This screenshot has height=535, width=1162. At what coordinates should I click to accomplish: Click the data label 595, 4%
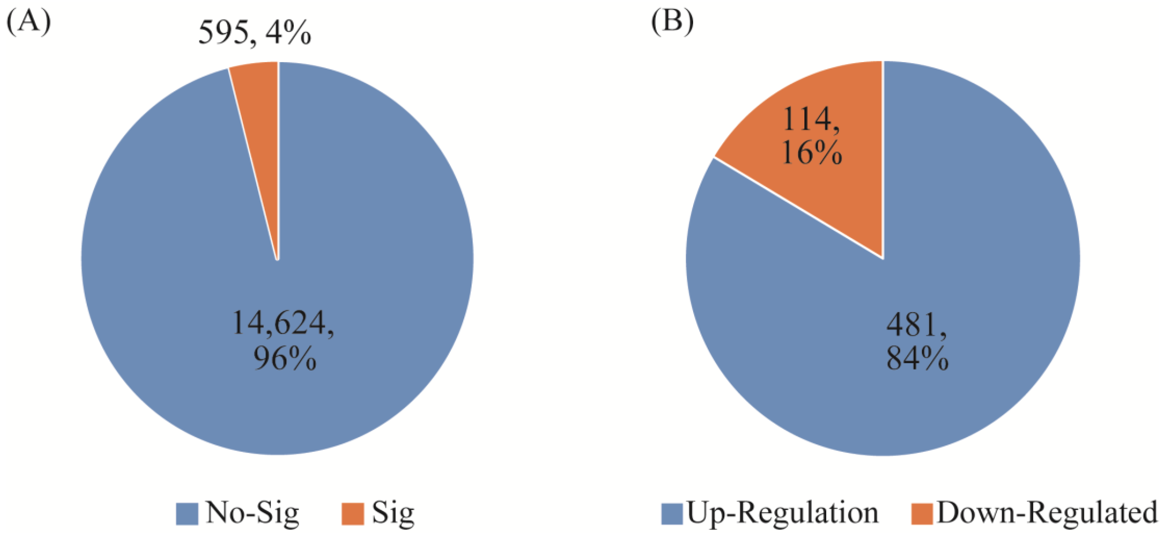click(255, 33)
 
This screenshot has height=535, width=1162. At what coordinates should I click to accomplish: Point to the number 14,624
click(283, 323)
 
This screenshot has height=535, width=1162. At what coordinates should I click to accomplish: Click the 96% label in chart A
click(285, 359)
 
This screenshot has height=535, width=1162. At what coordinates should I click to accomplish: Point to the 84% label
click(917, 359)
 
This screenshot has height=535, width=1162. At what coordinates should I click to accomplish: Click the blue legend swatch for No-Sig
click(187, 514)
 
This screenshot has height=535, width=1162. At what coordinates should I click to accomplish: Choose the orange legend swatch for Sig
click(353, 514)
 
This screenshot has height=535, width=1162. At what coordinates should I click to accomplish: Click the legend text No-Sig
click(253, 513)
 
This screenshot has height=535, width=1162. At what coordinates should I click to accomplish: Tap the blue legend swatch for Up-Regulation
click(672, 514)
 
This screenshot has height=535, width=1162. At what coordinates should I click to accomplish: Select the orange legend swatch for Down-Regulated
click(921, 514)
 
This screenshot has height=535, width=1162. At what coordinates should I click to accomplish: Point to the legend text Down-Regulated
click(1047, 513)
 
